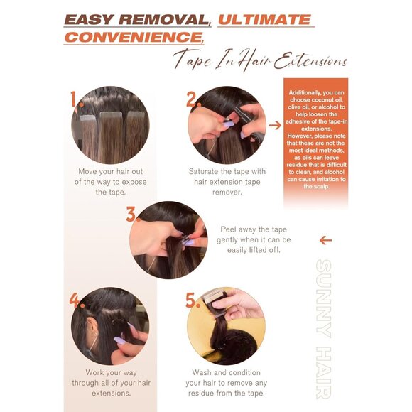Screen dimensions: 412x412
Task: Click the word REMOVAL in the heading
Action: click(x=164, y=20)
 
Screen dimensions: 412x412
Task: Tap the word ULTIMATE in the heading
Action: click(x=264, y=20)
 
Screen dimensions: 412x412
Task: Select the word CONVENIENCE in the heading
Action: click(x=134, y=37)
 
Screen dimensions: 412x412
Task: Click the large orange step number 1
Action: click(x=76, y=99)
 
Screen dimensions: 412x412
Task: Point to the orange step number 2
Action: click(x=193, y=99)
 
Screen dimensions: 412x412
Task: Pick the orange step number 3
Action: click(x=132, y=214)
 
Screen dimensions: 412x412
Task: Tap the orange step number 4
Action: click(x=77, y=300)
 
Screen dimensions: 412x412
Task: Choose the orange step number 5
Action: click(x=193, y=300)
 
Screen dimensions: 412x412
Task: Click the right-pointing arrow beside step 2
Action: click(x=275, y=125)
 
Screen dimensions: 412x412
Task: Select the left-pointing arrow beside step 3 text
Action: click(x=325, y=240)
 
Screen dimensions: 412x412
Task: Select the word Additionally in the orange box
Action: click(x=305, y=93)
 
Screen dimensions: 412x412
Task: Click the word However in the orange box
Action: click(x=300, y=136)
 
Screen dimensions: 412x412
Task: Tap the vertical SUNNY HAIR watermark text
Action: click(x=323, y=329)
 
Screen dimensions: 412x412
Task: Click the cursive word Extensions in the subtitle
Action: click(x=310, y=61)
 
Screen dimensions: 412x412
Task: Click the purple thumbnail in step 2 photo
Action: click(x=228, y=124)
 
